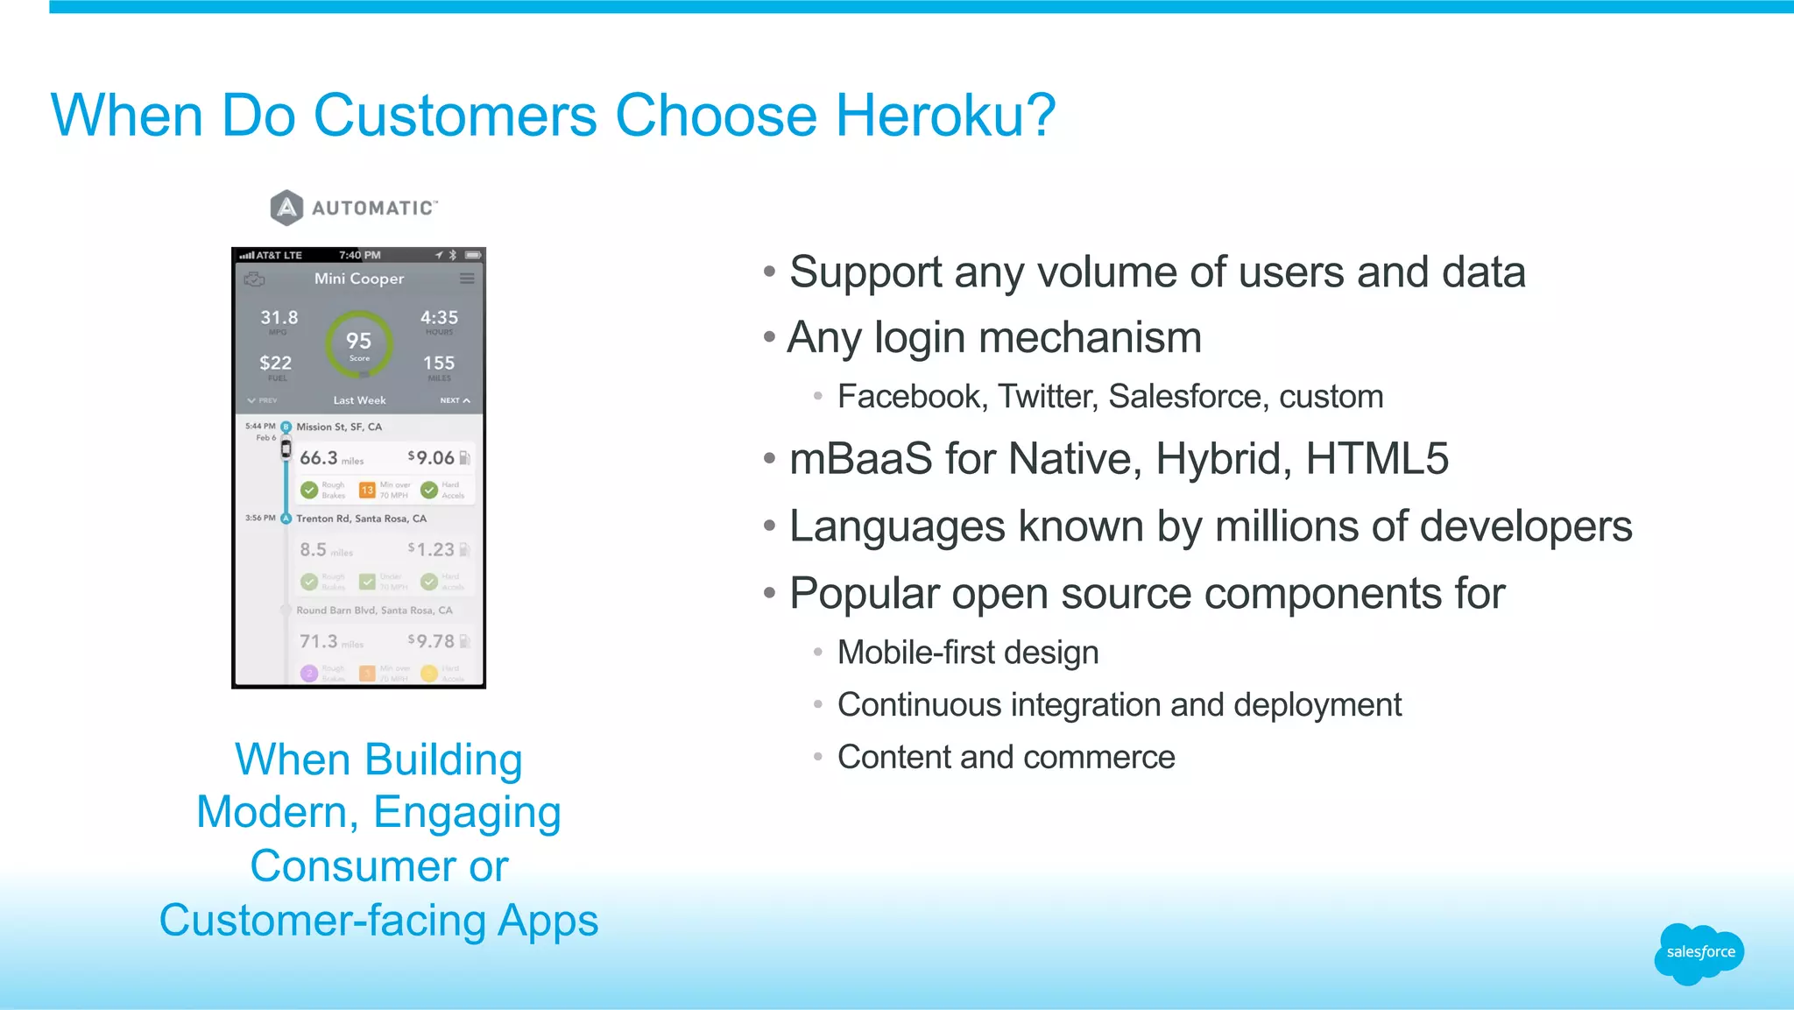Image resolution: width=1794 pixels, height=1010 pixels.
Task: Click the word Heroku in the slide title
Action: point(944,116)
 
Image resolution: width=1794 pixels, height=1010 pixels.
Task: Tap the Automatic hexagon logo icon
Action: point(286,208)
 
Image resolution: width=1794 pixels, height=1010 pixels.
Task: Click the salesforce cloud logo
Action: point(1699,953)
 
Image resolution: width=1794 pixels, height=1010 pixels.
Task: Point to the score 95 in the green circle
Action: point(358,342)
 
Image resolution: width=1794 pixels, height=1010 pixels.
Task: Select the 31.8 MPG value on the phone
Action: point(279,318)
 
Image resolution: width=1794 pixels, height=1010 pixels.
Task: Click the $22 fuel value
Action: point(275,363)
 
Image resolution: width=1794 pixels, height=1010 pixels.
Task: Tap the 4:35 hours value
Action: point(439,318)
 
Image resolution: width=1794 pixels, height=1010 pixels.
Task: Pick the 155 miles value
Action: point(439,363)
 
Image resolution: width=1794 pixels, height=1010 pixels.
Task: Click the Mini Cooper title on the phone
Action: point(359,279)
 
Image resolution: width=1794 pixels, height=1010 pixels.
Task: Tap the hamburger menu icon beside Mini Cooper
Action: point(467,279)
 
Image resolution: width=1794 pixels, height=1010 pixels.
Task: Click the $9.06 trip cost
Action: point(431,458)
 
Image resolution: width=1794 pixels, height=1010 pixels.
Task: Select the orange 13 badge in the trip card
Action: point(367,490)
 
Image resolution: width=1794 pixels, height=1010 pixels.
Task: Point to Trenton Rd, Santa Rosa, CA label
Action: point(361,519)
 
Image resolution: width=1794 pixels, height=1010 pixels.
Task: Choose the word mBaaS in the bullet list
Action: point(860,459)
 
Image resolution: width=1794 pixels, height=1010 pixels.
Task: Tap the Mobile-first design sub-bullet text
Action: point(967,653)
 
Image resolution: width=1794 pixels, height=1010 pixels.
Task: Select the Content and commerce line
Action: point(1006,757)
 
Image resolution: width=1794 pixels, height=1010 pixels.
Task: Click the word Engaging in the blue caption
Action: point(467,813)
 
